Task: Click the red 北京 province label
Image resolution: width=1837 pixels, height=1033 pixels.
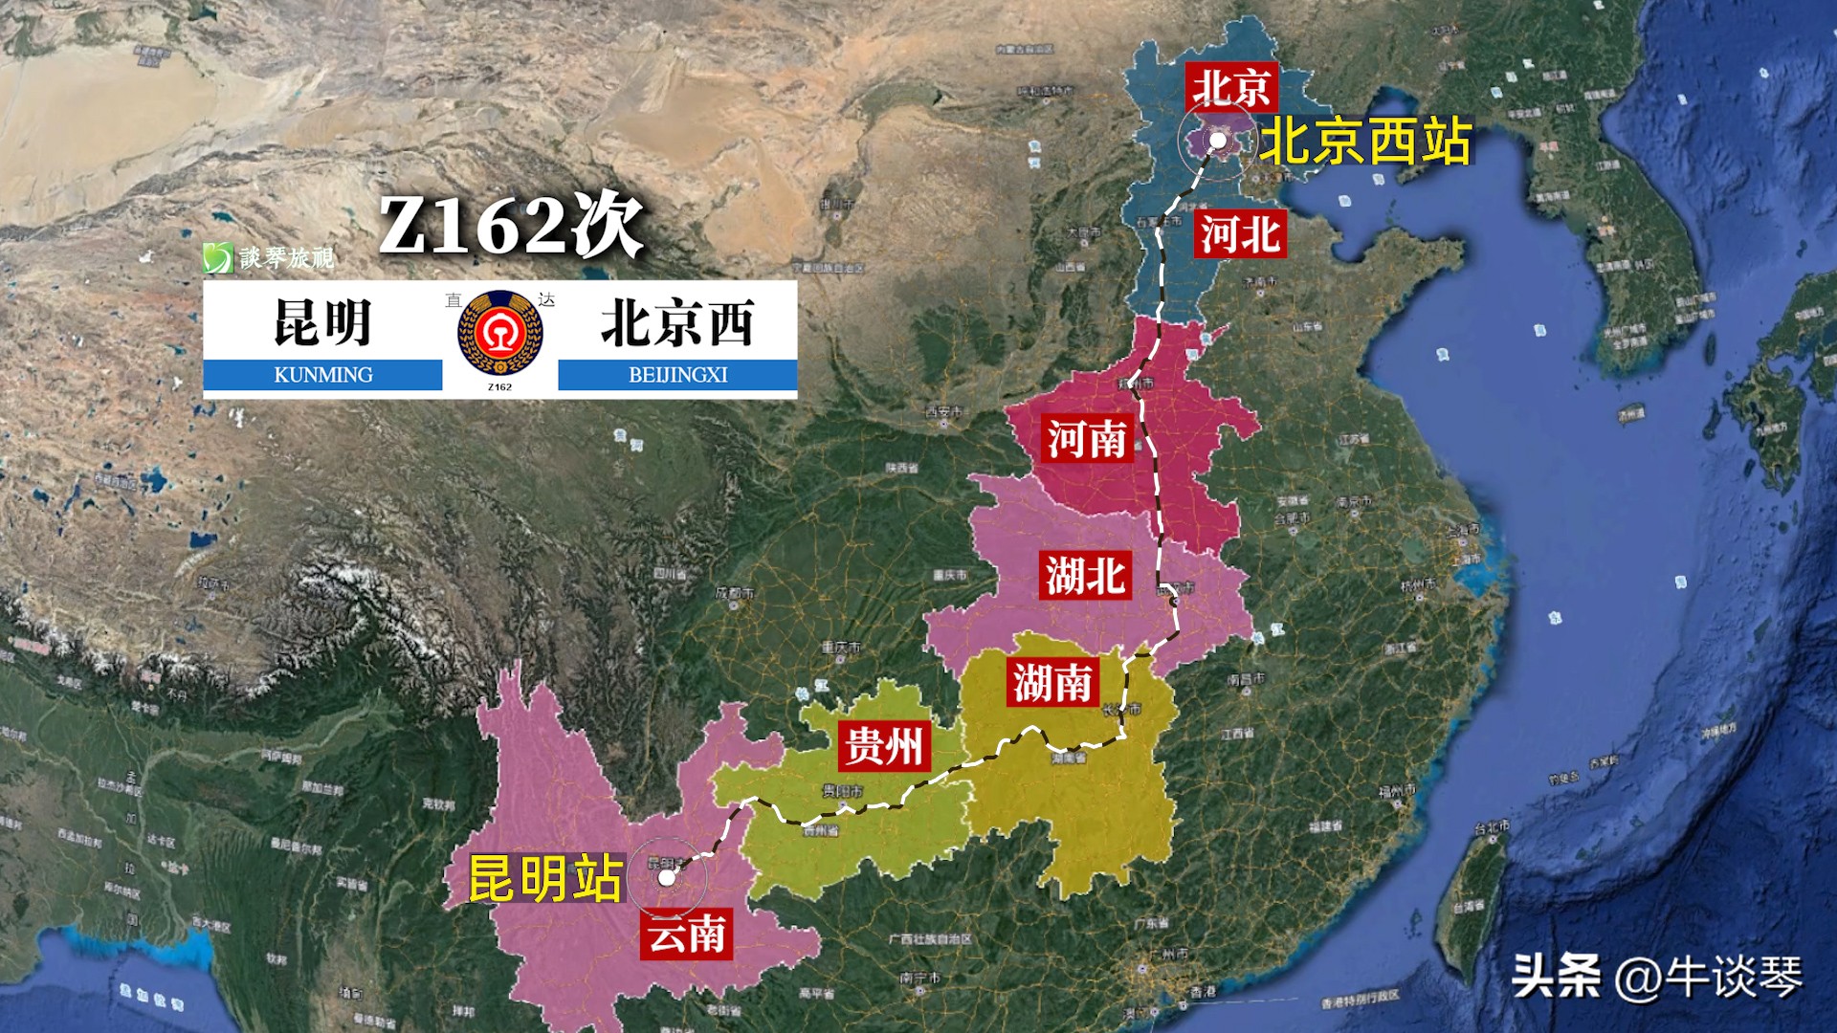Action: [1231, 87]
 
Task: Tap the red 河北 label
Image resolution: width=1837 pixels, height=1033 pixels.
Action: [1240, 234]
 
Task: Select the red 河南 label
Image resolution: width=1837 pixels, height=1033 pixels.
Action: [1087, 439]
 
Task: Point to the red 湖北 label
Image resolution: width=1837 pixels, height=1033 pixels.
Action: [1085, 576]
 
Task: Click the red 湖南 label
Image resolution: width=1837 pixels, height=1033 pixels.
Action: [1052, 683]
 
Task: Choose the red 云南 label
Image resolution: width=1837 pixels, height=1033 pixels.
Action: [686, 934]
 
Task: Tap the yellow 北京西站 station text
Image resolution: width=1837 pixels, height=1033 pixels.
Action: [1365, 142]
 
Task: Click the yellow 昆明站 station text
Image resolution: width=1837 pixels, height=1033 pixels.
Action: [545, 878]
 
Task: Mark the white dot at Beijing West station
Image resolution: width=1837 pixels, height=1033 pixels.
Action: [1218, 141]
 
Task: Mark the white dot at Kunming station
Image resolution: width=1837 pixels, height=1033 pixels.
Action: [667, 876]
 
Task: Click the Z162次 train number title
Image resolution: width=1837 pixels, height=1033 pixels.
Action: [511, 227]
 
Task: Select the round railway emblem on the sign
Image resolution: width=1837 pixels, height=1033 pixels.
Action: [499, 333]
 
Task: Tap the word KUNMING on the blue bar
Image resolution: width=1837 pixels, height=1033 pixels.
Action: [323, 375]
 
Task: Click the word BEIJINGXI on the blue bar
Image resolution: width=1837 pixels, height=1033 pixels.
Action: [677, 375]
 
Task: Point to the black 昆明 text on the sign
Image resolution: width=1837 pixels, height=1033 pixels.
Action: [322, 322]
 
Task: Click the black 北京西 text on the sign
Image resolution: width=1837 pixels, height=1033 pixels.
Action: [677, 322]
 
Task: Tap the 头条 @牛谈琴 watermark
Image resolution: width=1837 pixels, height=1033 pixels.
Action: [1657, 977]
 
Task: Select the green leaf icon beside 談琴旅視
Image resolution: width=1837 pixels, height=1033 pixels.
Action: [217, 257]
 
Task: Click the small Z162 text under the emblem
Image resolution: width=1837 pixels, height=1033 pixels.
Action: [499, 387]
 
